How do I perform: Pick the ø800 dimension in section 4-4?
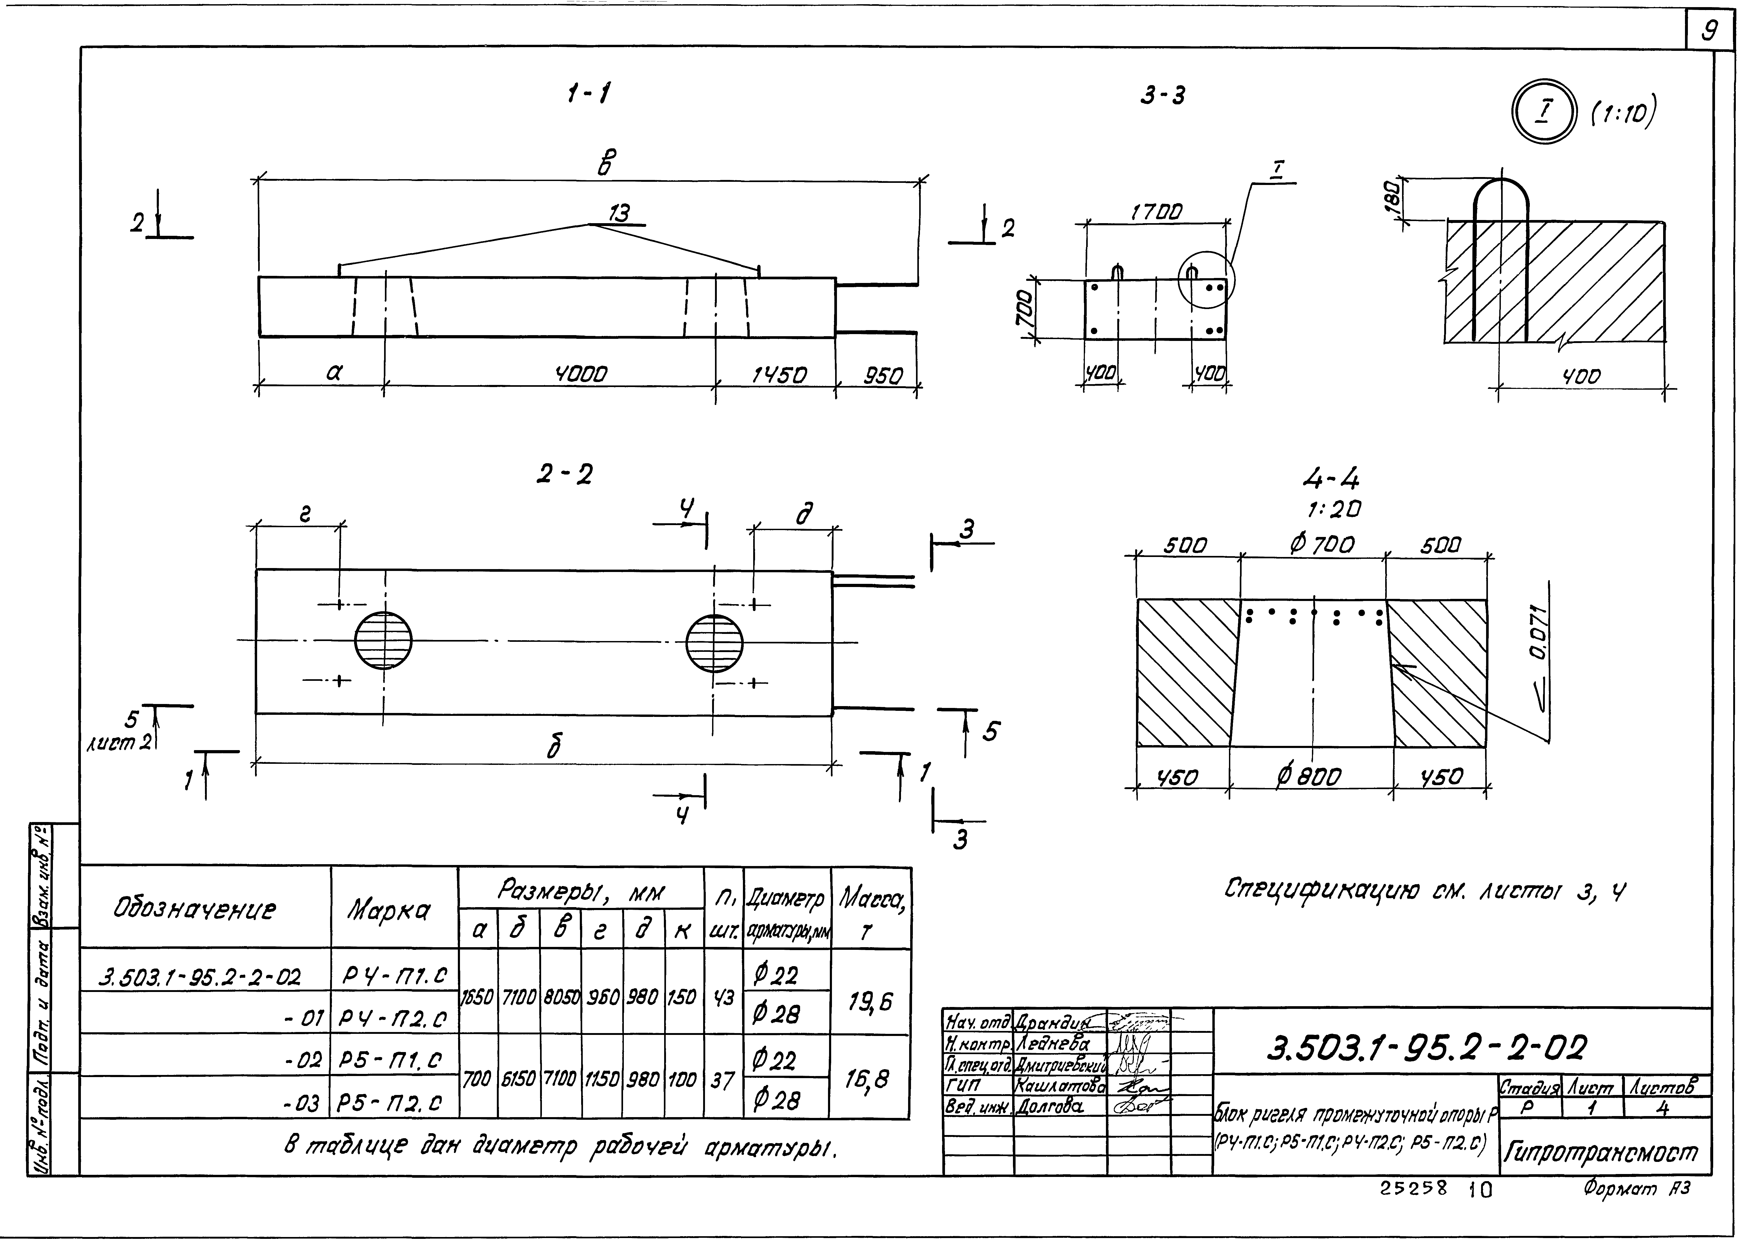click(x=1309, y=777)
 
